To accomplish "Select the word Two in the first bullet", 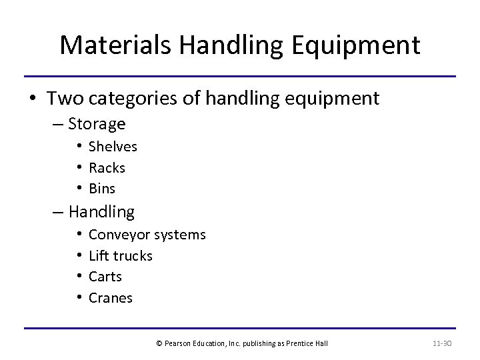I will click(63, 99).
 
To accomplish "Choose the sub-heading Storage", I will click(97, 124).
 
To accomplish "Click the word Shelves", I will click(113, 147).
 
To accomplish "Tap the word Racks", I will click(107, 167).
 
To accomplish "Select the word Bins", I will click(102, 188).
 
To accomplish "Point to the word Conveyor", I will click(118, 235).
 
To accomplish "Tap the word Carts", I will click(105, 276).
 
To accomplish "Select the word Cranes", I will click(111, 297).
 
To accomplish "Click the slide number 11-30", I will click(443, 343).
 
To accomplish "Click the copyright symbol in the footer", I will click(159, 343).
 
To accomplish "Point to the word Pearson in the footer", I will click(176, 343).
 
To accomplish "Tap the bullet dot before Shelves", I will click(79, 147).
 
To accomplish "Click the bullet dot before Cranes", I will click(79, 297).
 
